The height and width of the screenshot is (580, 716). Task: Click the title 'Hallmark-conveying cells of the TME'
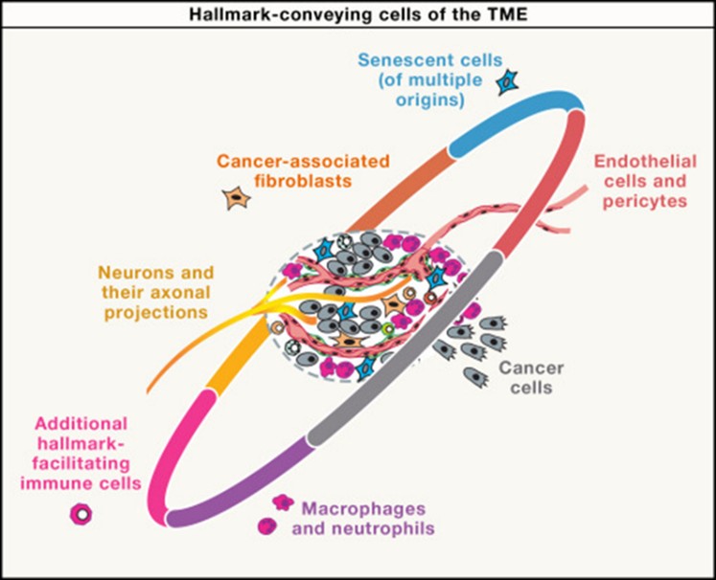click(x=358, y=12)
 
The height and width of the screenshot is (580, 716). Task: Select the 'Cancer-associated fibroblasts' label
click(x=302, y=171)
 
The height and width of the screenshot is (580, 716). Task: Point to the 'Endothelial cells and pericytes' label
click(x=646, y=181)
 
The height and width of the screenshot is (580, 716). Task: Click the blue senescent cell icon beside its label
click(x=506, y=84)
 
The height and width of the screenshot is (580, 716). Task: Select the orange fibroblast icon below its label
click(x=235, y=199)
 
